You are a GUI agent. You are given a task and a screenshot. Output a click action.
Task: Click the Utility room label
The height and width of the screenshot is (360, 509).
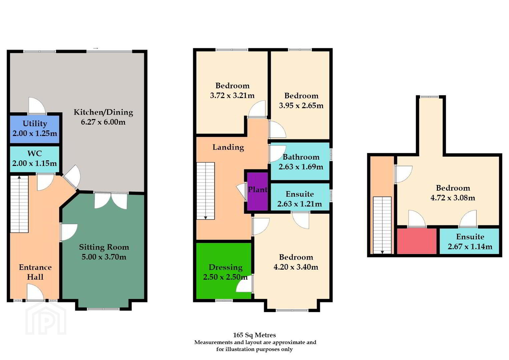(35, 124)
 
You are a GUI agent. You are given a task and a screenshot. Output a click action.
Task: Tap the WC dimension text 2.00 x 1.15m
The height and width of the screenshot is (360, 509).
(35, 163)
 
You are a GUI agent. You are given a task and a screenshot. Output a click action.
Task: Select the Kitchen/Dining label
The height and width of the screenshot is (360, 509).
(103, 112)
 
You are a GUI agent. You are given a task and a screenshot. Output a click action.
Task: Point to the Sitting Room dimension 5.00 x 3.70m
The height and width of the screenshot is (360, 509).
(104, 257)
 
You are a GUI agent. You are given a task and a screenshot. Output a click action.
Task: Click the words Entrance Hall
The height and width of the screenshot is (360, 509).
(35, 272)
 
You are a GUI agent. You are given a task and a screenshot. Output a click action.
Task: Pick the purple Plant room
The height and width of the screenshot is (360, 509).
(258, 191)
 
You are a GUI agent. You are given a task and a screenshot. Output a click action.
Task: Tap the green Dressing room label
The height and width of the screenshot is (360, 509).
(225, 267)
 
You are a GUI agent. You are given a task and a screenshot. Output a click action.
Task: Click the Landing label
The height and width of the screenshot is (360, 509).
(228, 147)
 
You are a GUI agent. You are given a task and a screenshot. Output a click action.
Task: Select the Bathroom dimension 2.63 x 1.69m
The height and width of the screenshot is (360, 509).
(301, 167)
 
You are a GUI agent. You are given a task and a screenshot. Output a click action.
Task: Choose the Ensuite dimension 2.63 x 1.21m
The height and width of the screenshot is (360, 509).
(300, 204)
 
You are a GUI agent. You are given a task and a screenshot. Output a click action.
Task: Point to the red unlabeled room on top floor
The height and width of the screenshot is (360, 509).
(417, 241)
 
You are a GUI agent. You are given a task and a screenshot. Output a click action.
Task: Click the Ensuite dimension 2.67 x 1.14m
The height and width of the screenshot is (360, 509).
(470, 246)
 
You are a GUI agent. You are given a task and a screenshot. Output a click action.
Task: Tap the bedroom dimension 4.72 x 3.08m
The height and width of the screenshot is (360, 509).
(453, 198)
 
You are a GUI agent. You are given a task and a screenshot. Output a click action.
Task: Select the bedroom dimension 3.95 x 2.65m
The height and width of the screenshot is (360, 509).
(301, 105)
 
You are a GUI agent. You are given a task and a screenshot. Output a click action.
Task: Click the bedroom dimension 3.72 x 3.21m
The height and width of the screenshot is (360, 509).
(232, 95)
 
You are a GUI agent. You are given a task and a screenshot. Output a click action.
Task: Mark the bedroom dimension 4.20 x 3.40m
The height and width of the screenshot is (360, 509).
(296, 267)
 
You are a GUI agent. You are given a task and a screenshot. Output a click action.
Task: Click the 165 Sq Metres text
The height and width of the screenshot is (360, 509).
(255, 335)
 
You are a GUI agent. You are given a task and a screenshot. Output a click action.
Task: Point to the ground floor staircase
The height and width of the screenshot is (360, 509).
(19, 204)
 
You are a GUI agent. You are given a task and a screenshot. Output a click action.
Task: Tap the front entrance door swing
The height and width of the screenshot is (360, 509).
(35, 292)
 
